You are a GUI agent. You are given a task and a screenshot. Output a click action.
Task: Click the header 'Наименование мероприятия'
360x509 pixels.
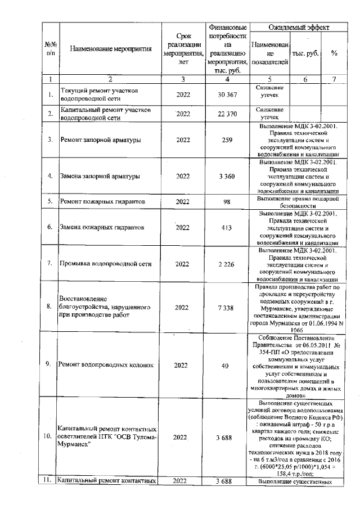111,49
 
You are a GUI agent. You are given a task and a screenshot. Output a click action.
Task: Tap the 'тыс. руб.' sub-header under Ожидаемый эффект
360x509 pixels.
304,53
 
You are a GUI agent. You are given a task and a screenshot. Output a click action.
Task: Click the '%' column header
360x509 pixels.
334,53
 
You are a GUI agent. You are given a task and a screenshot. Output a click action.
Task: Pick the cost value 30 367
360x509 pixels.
227,94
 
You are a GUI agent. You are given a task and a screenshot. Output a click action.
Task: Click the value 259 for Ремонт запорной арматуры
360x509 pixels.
227,139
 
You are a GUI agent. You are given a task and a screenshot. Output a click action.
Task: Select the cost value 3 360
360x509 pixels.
227,176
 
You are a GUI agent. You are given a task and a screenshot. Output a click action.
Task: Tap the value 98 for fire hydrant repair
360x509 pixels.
227,201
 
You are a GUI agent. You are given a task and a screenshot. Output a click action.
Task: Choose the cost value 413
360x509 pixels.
227,227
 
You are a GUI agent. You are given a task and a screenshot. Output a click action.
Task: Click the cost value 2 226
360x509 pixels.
227,263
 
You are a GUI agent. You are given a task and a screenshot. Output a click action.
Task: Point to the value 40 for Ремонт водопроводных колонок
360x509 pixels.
227,365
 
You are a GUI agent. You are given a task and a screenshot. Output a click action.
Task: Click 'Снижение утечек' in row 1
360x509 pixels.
269,93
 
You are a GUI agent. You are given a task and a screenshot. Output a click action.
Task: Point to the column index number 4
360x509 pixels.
227,79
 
